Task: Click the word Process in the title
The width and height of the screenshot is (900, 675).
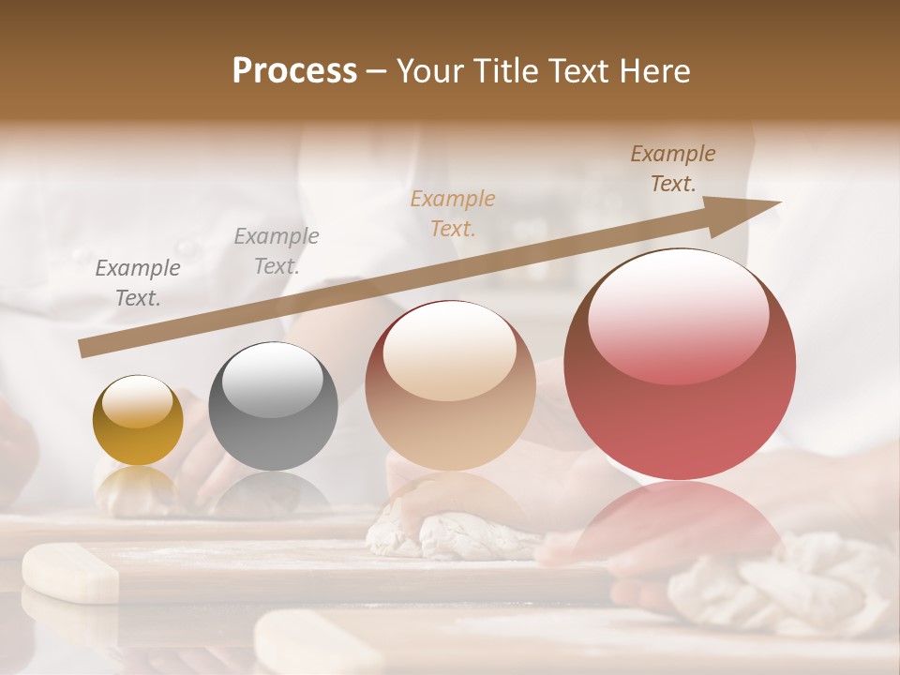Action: [x=294, y=71]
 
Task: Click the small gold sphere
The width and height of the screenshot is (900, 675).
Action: [x=138, y=421]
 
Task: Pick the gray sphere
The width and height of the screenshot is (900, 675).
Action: [x=273, y=407]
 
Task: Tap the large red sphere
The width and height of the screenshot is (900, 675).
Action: [x=680, y=365]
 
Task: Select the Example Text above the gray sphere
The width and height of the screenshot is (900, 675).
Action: [x=276, y=251]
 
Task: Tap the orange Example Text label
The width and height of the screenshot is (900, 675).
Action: [x=453, y=213]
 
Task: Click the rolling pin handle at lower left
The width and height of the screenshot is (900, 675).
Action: [x=69, y=574]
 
